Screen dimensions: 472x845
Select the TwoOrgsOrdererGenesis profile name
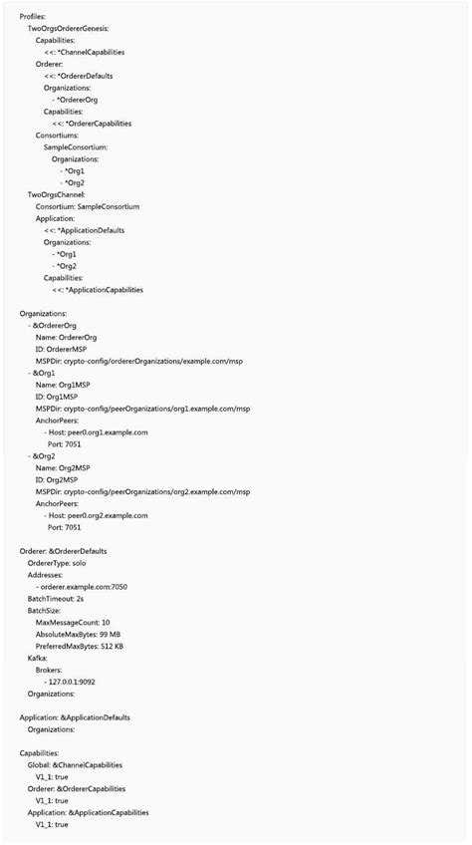69,29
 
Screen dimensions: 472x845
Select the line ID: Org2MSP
60,479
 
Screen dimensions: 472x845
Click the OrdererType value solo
87,563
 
